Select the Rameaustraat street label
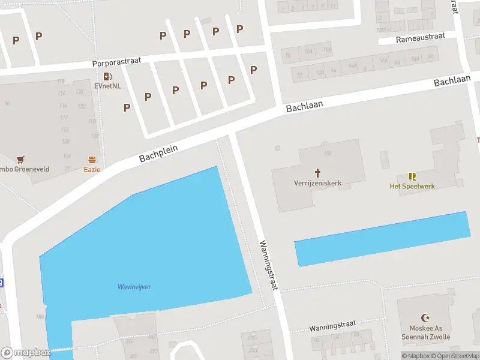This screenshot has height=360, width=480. point(421,37)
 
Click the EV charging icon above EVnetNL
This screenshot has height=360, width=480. point(107,76)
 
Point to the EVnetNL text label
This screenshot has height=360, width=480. point(107,86)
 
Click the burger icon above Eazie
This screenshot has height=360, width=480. point(92,160)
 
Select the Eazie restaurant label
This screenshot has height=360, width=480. point(92,169)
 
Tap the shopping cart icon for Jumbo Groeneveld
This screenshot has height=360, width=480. point(21,160)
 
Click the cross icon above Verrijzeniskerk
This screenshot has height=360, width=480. point(317,172)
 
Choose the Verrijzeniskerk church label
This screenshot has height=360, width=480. point(317,182)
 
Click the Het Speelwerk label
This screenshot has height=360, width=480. point(412,186)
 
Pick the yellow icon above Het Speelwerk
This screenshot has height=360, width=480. point(412,176)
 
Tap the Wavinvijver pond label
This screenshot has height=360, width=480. point(134,287)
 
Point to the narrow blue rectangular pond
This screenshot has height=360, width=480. point(381,239)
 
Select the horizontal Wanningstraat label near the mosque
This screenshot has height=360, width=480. point(332,328)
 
